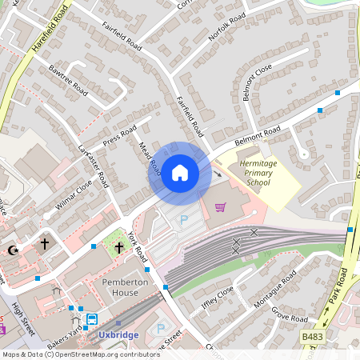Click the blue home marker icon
[180, 172]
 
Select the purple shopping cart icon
[221, 207]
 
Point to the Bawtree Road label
[67, 80]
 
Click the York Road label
[138, 254]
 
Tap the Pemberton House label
[126, 288]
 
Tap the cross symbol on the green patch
[119, 248]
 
